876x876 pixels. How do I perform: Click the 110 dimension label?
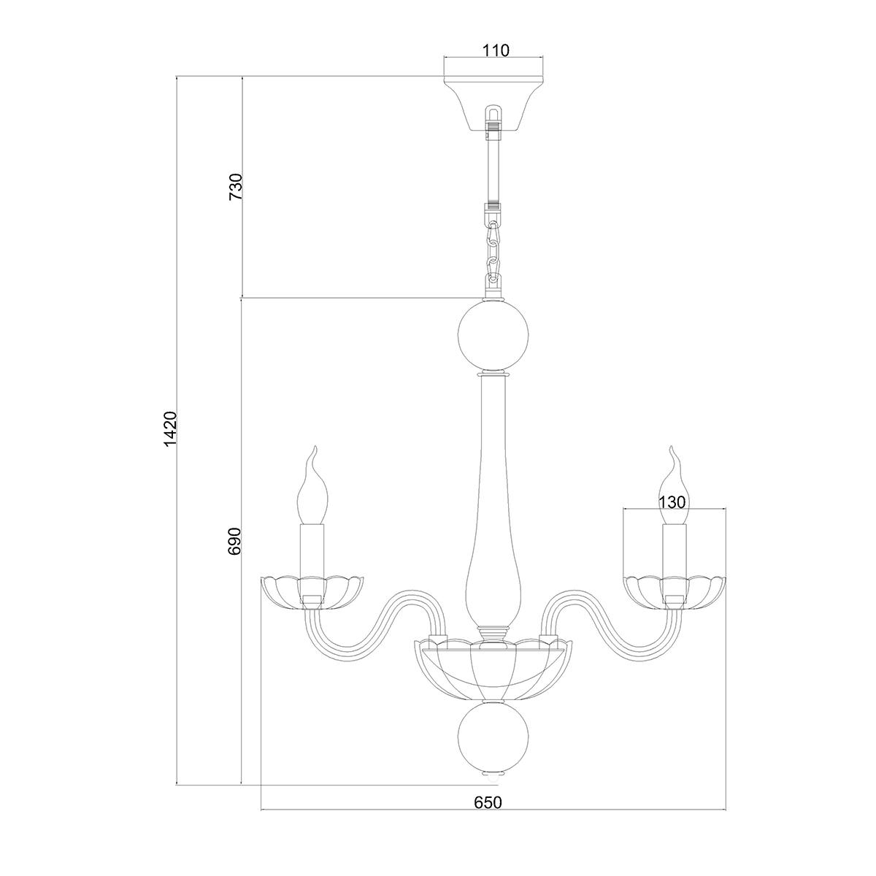[x=496, y=50]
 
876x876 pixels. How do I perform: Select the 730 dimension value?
[x=236, y=187]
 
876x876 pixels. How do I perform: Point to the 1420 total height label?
[x=170, y=429]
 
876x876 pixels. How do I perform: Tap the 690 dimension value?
[x=235, y=541]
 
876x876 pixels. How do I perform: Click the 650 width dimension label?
[x=488, y=815]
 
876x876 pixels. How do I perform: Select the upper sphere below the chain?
[x=493, y=337]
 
